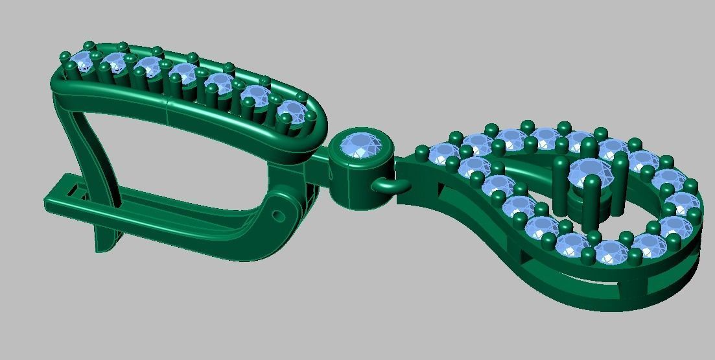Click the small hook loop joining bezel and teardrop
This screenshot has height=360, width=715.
click(387, 186)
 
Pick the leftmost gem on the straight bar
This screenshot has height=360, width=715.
click(82, 63)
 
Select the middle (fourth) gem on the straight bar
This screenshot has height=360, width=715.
click(183, 75)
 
